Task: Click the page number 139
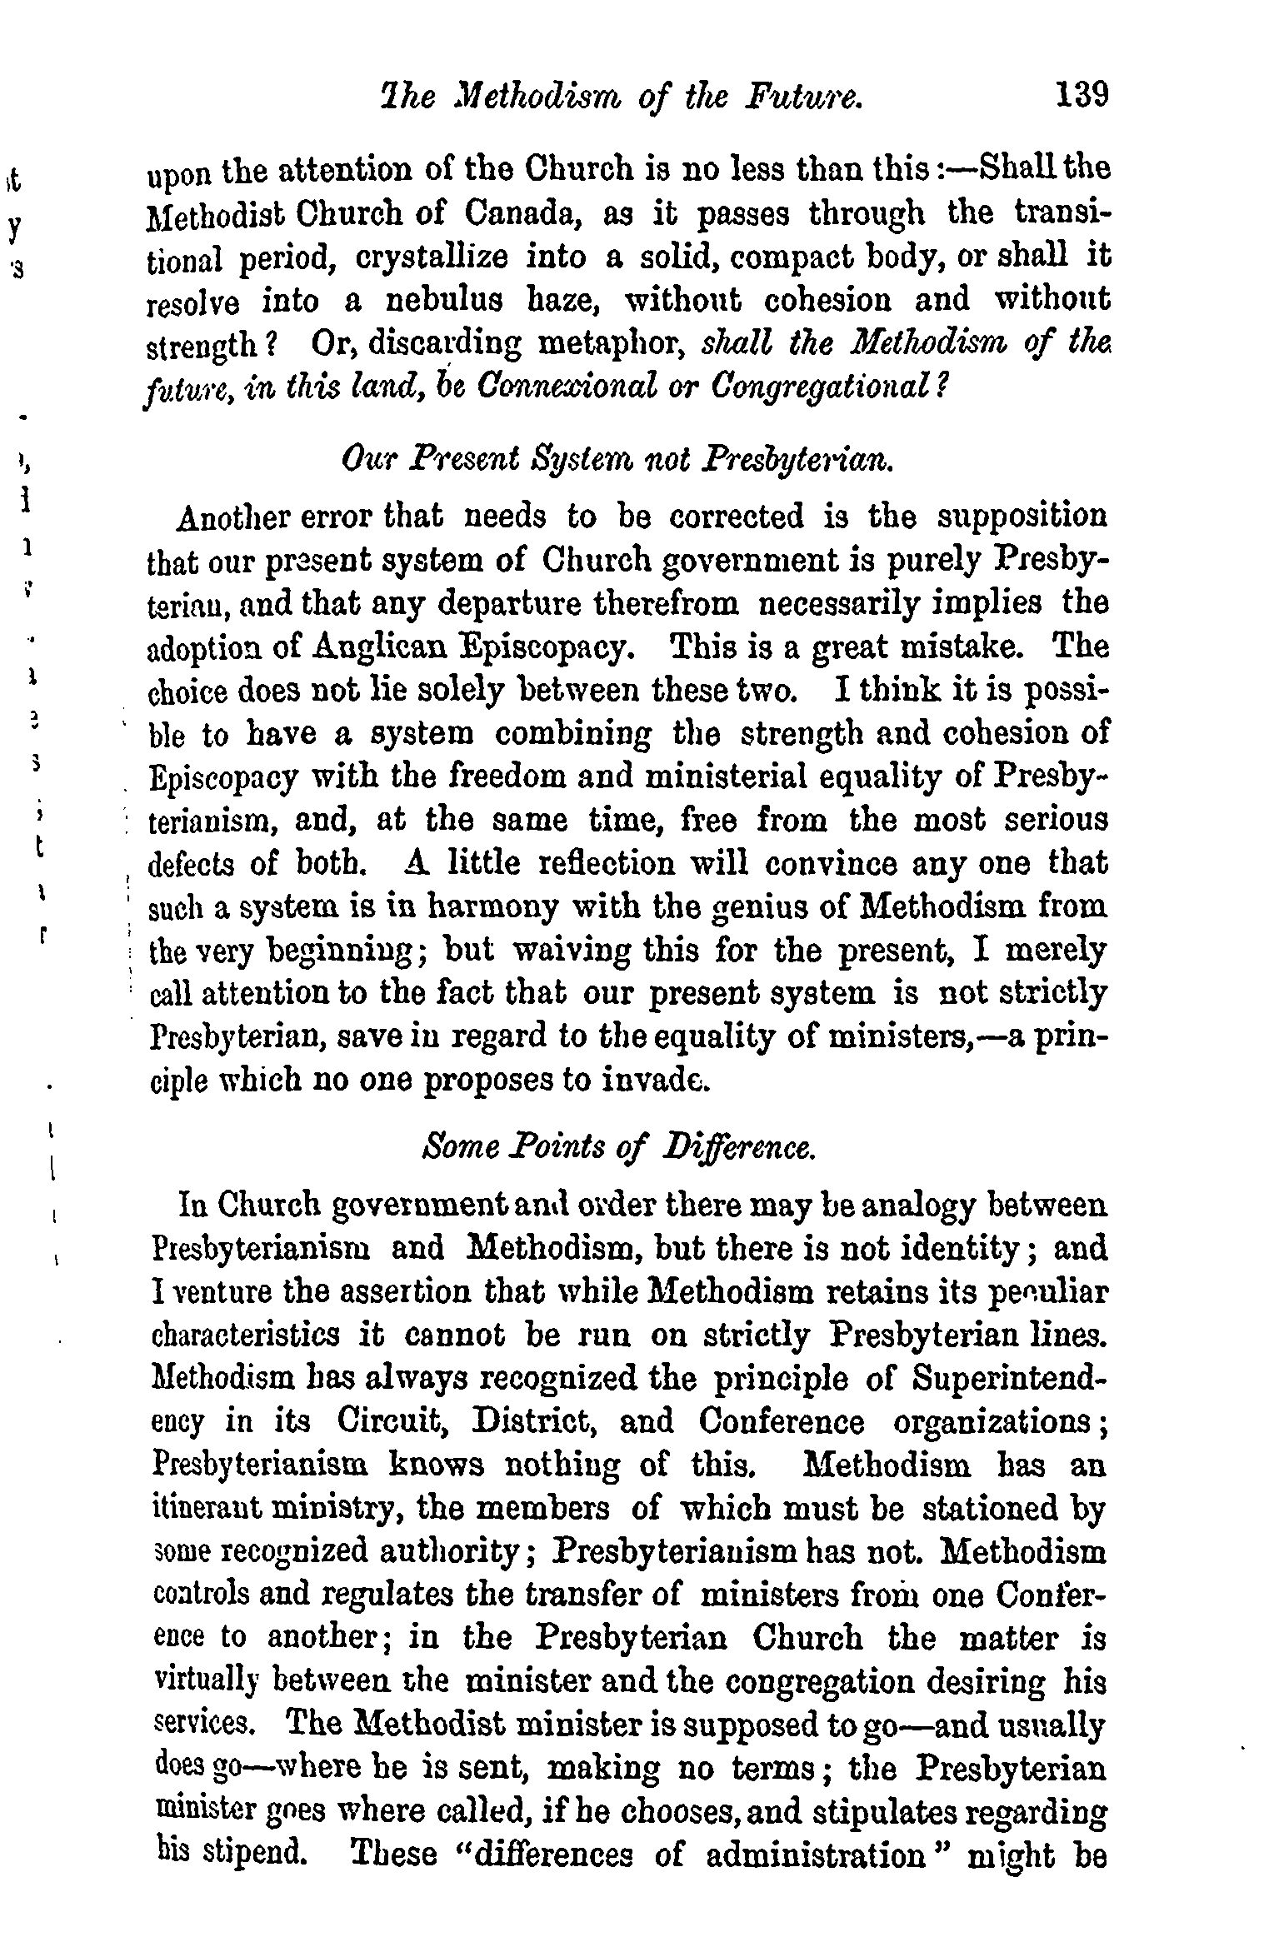coord(1081,95)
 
